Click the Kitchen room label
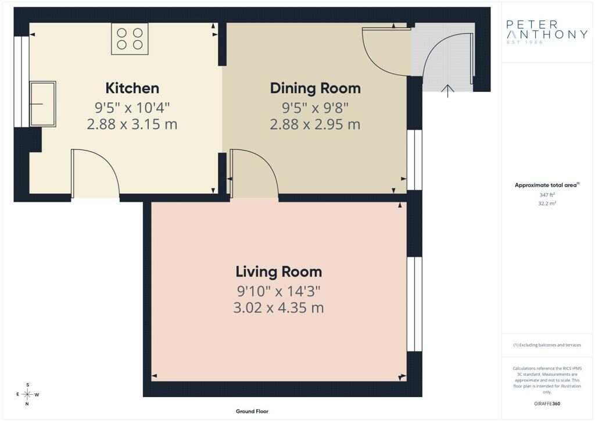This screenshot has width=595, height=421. click(x=132, y=88)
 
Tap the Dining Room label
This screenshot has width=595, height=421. click(x=315, y=88)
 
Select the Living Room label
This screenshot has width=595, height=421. click(x=279, y=272)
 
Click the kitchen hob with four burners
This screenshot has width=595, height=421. click(x=130, y=39)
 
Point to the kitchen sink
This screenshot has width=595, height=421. click(x=43, y=104)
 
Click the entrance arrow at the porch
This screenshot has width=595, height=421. click(x=448, y=91)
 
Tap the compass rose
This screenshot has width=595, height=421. click(x=27, y=394)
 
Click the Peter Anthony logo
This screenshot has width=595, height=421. click(x=546, y=32)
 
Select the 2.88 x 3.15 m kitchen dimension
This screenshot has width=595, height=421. click(x=132, y=124)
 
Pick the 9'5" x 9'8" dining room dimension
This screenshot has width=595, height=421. click(x=315, y=108)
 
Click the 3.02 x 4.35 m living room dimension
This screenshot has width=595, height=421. click(x=279, y=308)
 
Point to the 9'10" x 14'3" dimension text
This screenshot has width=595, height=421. click(x=279, y=291)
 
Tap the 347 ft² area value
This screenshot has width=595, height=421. click(x=547, y=195)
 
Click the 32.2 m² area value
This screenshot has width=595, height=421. click(x=547, y=204)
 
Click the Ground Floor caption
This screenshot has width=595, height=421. click(x=252, y=411)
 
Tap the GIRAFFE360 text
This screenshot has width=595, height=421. click(x=547, y=404)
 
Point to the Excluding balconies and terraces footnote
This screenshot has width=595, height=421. click(x=547, y=345)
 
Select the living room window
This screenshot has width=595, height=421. click(x=414, y=304)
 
